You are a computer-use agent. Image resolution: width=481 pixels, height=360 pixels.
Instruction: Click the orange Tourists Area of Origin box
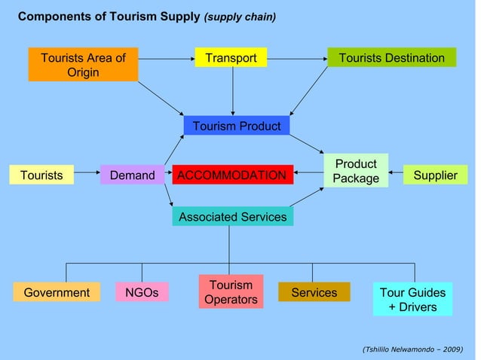(83, 65)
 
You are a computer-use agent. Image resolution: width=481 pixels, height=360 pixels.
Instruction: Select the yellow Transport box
(231, 58)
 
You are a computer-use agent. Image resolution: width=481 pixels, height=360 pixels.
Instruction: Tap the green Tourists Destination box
(391, 58)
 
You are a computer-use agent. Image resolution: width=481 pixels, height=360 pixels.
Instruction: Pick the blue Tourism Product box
(236, 126)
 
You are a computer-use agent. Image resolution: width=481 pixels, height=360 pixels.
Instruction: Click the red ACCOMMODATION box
(231, 175)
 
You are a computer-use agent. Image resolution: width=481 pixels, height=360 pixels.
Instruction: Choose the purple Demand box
(132, 175)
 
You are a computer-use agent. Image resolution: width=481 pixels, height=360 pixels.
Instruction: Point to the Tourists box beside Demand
(41, 175)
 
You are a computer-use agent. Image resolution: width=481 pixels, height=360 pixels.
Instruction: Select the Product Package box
(356, 171)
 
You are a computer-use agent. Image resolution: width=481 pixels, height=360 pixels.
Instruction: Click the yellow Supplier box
(435, 175)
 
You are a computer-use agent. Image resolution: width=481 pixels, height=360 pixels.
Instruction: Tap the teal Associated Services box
(232, 217)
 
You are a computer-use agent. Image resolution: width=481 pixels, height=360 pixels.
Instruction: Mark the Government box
(57, 292)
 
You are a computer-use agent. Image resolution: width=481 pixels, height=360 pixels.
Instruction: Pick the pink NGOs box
(142, 292)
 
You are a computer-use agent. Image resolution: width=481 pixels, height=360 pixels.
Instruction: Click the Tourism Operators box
(231, 292)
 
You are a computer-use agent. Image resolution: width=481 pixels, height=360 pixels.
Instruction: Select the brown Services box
(314, 292)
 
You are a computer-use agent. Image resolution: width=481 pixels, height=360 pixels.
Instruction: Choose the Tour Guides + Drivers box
(412, 299)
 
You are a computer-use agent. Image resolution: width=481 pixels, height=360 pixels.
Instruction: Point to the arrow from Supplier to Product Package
(397, 175)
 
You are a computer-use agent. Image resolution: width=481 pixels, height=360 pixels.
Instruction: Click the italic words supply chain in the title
(240, 17)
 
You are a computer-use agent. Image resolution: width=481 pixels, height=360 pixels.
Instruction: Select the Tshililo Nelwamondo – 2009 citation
(412, 349)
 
